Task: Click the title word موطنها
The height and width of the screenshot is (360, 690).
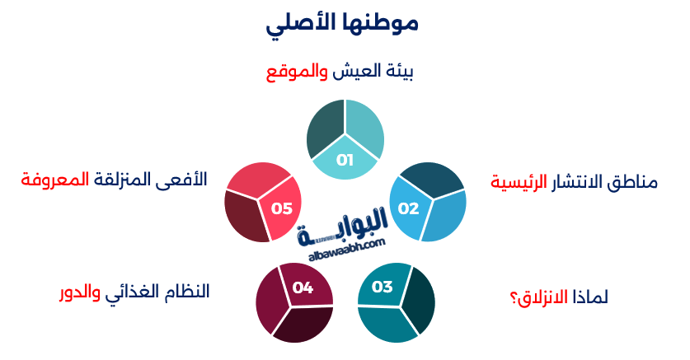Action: click(380, 23)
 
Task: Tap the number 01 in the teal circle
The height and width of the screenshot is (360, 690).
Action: click(345, 160)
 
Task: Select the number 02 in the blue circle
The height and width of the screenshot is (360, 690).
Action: click(409, 208)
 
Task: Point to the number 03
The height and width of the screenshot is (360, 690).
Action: click(382, 288)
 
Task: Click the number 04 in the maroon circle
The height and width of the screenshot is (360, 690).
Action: click(303, 288)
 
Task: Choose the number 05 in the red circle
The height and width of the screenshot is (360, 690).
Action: click(282, 208)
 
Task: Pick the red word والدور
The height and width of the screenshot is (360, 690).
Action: click(80, 292)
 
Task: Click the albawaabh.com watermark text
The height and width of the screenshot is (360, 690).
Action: click(347, 248)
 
